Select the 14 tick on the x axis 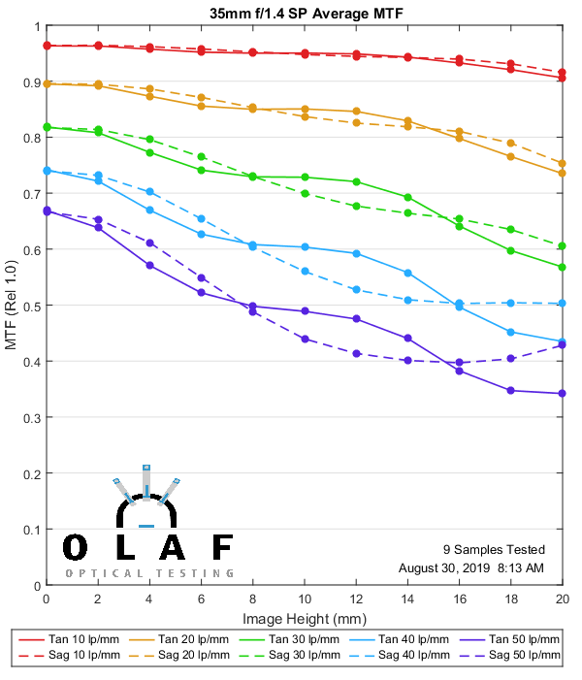point(407,599)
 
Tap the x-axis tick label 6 point(201,599)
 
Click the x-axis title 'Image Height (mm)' point(304,618)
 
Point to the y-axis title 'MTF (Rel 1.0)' point(11,306)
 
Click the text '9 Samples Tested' point(493,549)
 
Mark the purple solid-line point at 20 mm point(562,393)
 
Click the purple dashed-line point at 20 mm point(562,345)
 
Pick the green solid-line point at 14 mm point(407,197)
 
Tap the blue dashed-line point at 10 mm point(305,272)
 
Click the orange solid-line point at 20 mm point(562,173)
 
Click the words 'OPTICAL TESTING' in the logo point(149,573)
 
